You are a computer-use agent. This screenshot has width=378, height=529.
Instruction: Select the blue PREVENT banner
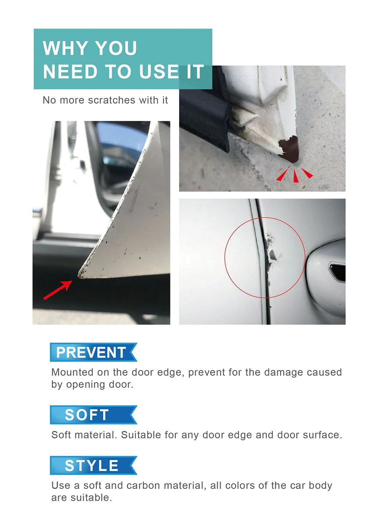tap(93, 352)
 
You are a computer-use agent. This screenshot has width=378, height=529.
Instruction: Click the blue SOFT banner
tap(93, 415)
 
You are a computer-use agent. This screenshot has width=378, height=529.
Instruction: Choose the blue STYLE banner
tap(93, 466)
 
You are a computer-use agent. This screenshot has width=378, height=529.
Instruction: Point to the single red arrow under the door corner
tap(57, 290)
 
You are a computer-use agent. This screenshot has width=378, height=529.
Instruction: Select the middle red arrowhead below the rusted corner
tap(295, 177)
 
